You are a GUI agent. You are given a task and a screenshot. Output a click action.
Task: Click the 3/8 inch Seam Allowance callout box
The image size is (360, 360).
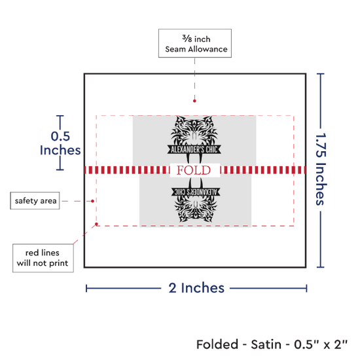click(195, 43)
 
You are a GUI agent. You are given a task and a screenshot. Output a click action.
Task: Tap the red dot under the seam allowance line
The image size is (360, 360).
click(194, 101)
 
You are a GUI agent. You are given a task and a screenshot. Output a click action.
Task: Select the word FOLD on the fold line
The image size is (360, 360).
click(194, 170)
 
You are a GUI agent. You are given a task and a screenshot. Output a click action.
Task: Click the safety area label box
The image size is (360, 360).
click(35, 201)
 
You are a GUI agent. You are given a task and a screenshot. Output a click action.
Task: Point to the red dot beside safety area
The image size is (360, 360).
click(92, 201)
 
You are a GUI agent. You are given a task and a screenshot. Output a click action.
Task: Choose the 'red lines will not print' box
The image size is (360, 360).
click(43, 258)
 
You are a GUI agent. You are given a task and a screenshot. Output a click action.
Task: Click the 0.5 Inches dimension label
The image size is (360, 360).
click(60, 143)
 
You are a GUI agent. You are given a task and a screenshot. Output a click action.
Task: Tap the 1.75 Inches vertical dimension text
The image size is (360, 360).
click(321, 169)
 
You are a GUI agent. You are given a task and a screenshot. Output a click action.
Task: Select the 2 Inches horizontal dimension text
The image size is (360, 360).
click(196, 288)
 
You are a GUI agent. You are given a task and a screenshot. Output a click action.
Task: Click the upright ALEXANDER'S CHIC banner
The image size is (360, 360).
click(194, 149)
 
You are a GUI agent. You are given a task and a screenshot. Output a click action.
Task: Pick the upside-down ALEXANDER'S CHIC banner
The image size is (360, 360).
click(196, 192)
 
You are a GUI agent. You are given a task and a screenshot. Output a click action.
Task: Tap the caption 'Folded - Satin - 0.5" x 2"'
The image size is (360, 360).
click(272, 344)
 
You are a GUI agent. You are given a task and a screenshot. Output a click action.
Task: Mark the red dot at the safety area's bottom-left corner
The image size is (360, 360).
click(96, 224)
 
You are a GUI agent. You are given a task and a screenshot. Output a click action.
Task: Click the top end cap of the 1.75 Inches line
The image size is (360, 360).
click(321, 74)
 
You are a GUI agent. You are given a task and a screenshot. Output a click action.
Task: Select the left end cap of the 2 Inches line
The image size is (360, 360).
click(86, 289)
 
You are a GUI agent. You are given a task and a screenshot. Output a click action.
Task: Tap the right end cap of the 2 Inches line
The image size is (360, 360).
click(306, 289)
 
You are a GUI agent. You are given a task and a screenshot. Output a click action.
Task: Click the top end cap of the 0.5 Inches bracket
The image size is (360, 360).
click(60, 116)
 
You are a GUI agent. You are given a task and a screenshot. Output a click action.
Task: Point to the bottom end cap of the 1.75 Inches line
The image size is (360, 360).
click(321, 267)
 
